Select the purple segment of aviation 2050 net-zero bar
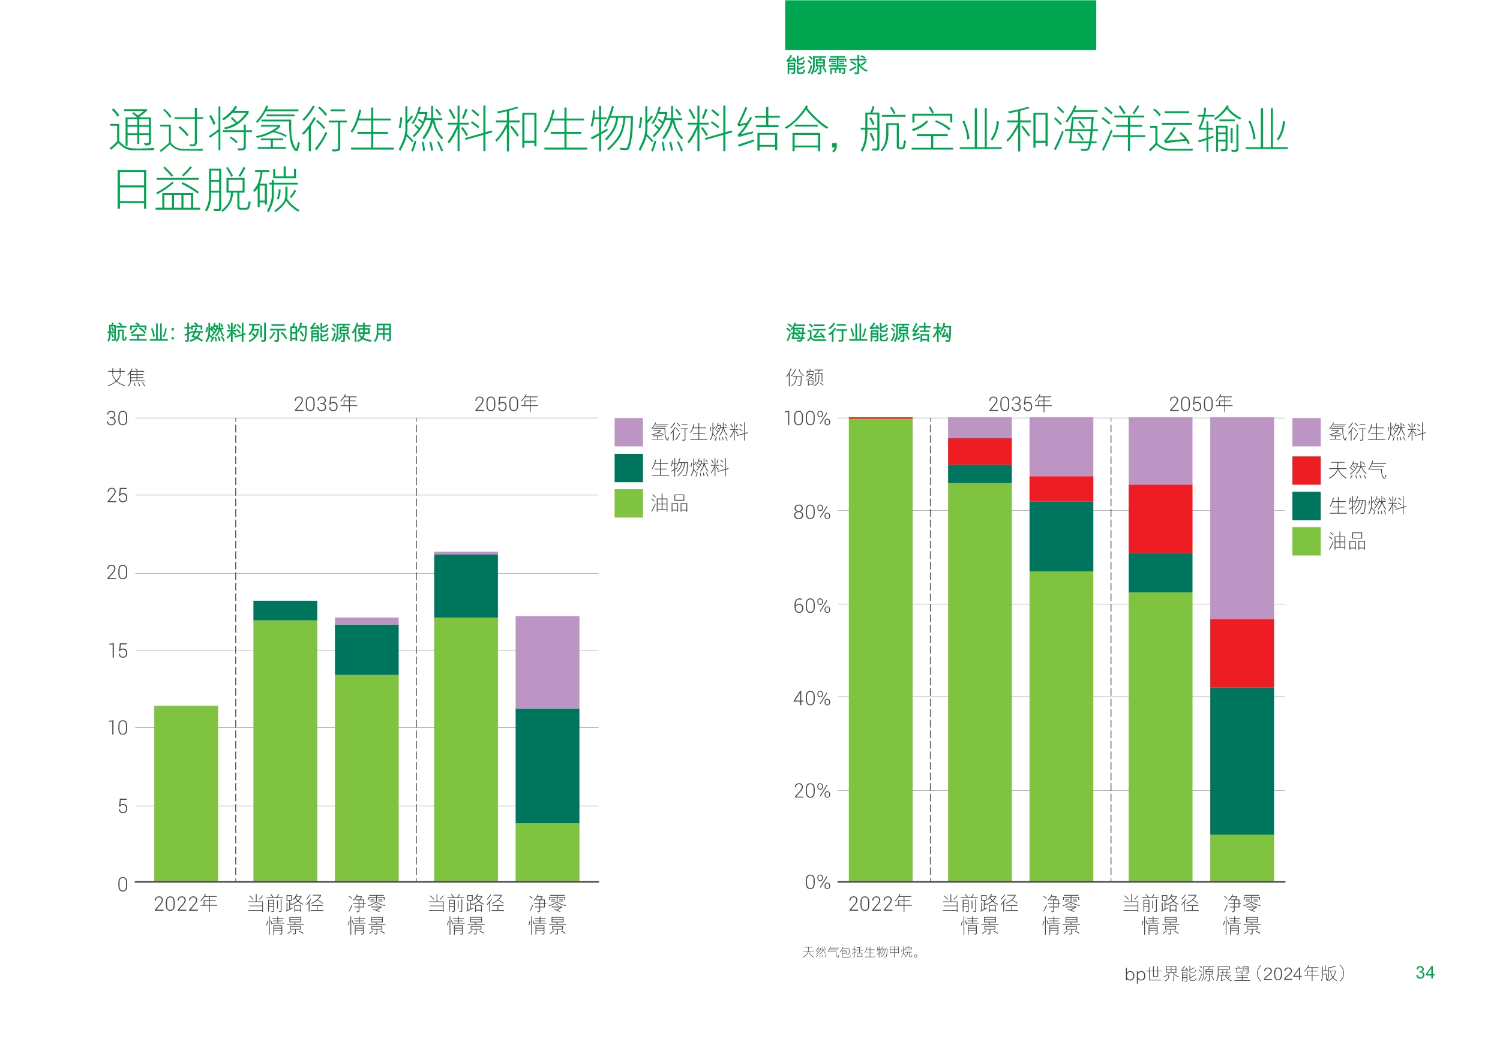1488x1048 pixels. point(547,662)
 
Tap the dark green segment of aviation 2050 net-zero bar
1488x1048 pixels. point(547,766)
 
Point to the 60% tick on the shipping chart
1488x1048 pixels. point(811,606)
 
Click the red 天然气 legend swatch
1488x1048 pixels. point(1306,470)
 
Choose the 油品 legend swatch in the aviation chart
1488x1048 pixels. point(628,503)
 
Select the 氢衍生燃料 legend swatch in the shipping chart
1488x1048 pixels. point(1306,432)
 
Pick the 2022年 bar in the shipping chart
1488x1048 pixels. point(880,650)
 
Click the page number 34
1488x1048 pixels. point(1424,973)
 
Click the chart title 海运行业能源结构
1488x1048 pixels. point(868,333)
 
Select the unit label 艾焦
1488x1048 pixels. point(127,377)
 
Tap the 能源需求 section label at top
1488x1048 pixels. point(826,65)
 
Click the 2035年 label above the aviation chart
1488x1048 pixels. point(325,404)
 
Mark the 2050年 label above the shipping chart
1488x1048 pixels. point(1200,404)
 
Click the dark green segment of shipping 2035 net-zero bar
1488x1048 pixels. point(1061,537)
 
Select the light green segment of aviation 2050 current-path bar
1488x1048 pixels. point(466,749)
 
